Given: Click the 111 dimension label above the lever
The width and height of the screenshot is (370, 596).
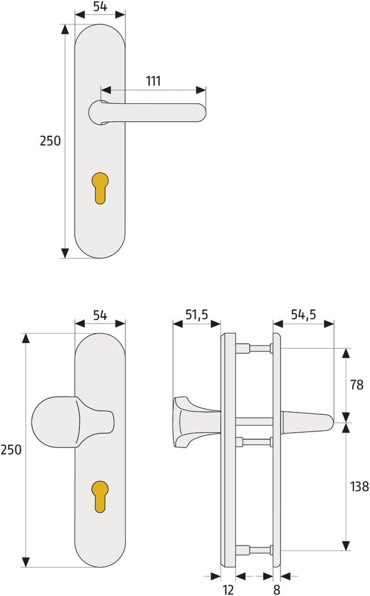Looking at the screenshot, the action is (154, 81).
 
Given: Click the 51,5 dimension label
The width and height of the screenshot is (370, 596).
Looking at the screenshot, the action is (197, 315).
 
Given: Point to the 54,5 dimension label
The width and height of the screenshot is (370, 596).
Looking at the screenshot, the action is (304, 315).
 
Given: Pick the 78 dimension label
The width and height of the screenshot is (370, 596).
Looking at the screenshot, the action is (357, 385).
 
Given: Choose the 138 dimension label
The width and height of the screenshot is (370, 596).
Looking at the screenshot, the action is (359, 486).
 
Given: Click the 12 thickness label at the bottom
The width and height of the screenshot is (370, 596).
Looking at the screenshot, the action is (228, 589).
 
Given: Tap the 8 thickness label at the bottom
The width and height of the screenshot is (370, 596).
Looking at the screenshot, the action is (277, 589).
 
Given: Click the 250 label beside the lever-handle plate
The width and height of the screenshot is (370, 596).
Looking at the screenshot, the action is (50, 141).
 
